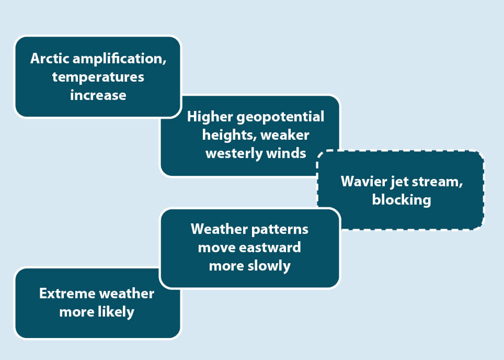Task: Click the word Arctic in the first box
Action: pos(50,59)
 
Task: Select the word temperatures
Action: pos(98,77)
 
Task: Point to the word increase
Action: pos(98,95)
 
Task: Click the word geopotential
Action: pos(280,117)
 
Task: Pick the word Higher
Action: pos(210,117)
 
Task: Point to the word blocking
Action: pos(402,200)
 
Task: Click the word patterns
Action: pos(279,230)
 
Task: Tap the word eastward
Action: pos(270,248)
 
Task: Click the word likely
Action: pos(117,312)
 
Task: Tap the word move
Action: pos(216,248)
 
